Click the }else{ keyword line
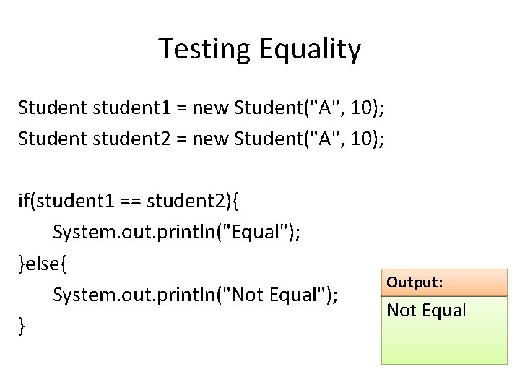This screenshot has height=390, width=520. (43, 264)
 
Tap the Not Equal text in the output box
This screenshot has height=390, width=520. (427, 311)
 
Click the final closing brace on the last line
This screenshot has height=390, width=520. (22, 327)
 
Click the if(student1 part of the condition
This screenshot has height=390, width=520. (62, 200)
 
